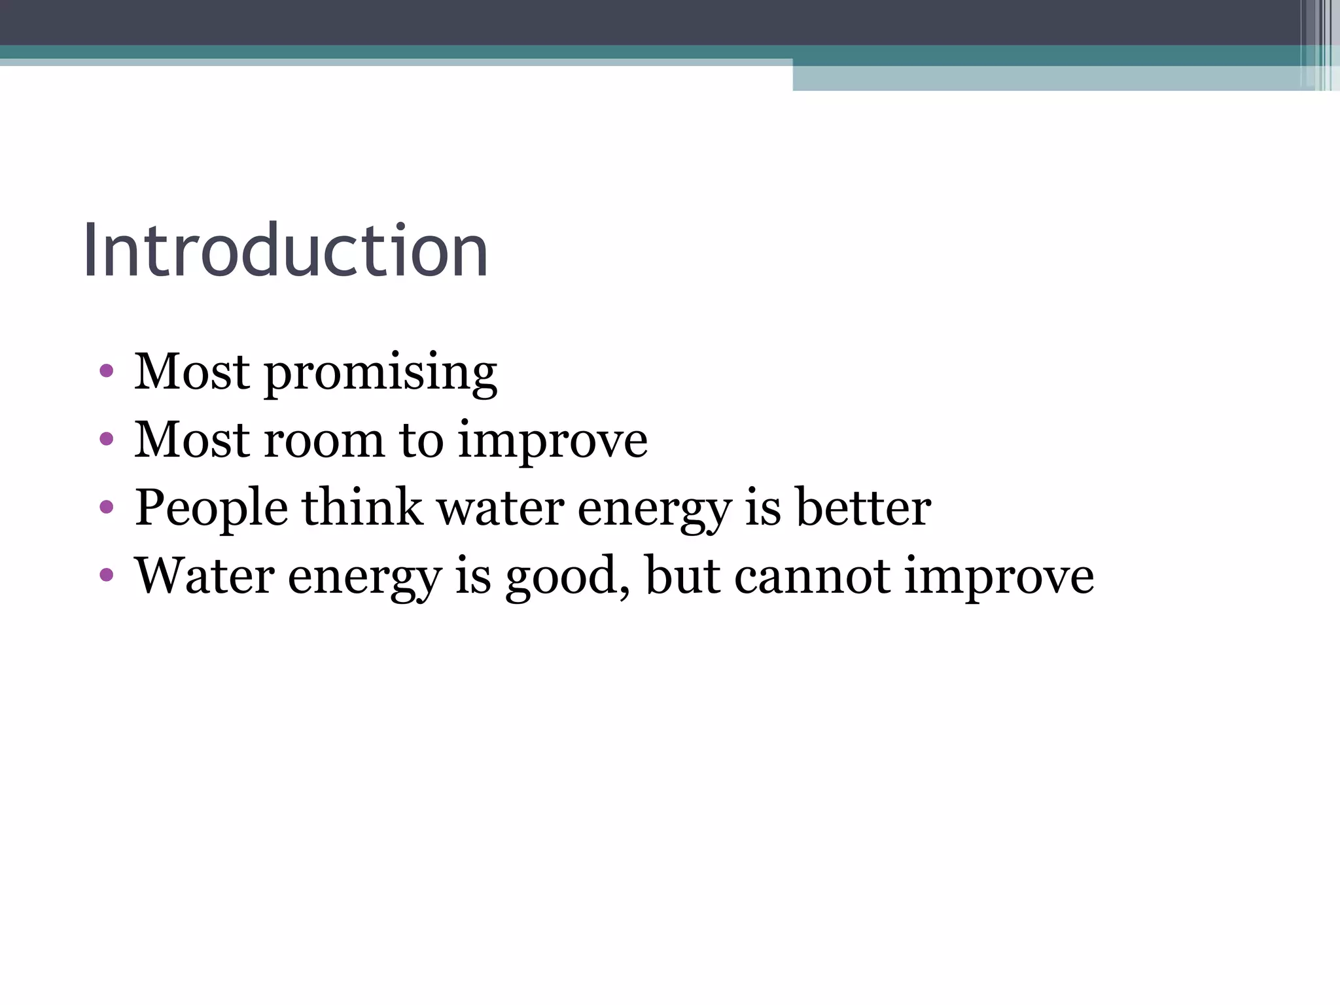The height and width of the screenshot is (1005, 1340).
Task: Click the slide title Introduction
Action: point(285,251)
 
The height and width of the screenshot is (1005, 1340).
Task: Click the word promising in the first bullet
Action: point(380,373)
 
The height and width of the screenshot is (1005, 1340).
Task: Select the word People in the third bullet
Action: point(211,509)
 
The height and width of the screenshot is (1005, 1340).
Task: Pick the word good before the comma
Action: point(565,577)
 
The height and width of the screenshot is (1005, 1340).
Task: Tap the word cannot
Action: point(812,576)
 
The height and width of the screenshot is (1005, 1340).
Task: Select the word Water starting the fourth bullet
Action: point(204,576)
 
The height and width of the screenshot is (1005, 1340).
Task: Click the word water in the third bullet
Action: point(501,508)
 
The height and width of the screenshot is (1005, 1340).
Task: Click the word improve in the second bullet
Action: point(552,441)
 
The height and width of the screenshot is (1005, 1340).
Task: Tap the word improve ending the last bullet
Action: point(998,577)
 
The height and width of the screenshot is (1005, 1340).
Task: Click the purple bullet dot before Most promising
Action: point(107,372)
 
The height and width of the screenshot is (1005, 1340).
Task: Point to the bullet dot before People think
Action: point(107,506)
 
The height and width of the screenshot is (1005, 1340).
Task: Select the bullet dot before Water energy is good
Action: point(107,574)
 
